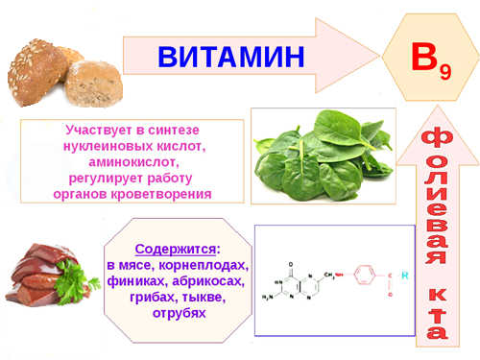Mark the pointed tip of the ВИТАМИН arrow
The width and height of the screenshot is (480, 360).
376,56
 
